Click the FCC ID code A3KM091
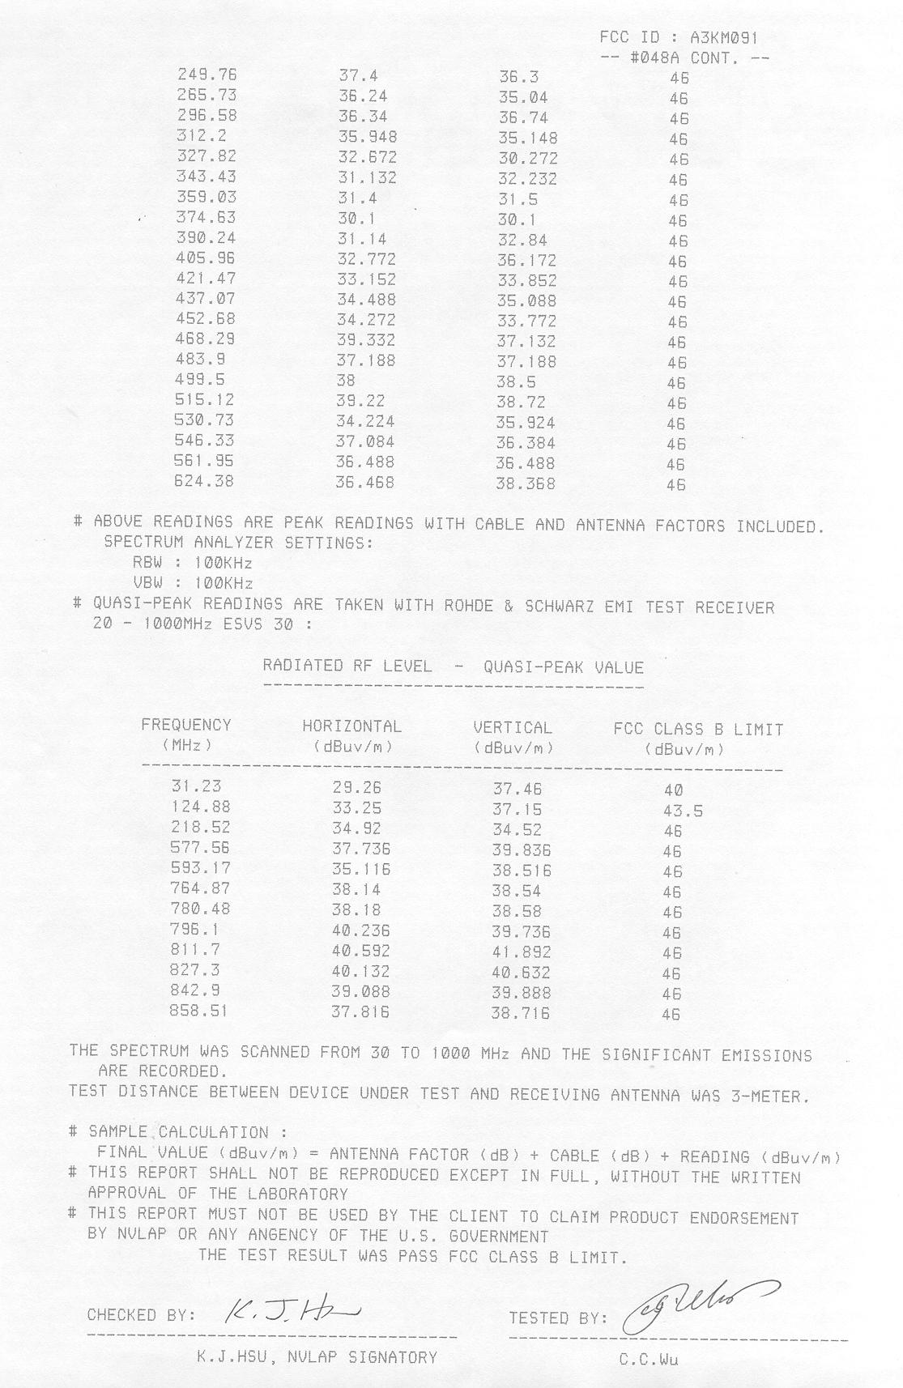pos(724,37)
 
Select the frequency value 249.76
pos(207,75)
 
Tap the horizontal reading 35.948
pos(368,137)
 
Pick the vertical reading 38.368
pos(526,484)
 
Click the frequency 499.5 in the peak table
pos(200,380)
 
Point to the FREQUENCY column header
pos(186,726)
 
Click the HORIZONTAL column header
pos(351,726)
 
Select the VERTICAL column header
pos(513,728)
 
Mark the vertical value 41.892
pos(522,952)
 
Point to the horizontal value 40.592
pos(361,951)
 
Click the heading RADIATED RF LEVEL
pos(347,666)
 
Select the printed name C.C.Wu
pos(649,1360)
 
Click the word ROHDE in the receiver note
pos(471,607)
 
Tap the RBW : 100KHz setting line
pos(193,563)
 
